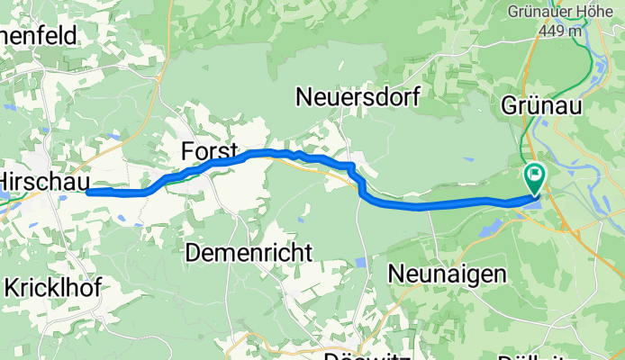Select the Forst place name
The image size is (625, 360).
click(209, 150)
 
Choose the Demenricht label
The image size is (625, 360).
click(249, 253)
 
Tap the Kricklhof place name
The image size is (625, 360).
click(52, 288)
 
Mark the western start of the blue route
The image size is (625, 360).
click(88, 192)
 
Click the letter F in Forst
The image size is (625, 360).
click(186, 150)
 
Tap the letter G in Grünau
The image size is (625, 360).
click(507, 105)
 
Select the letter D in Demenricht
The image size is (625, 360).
click(192, 253)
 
